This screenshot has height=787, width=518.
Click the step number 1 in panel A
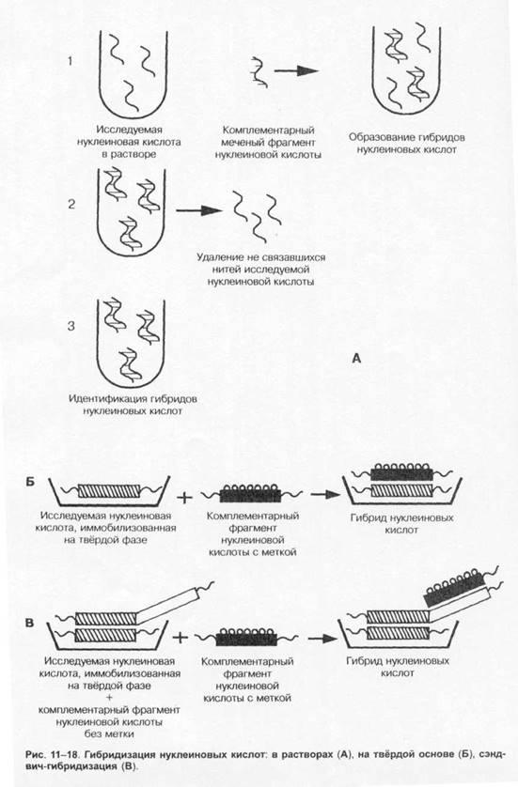71,61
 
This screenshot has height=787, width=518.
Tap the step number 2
71,205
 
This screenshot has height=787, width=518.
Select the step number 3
71,326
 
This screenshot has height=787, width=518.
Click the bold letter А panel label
356,359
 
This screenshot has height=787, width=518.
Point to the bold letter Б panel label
30,483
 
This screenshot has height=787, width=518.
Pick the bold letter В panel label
30,623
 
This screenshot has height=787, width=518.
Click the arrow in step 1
296,70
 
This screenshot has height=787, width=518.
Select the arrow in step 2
199,210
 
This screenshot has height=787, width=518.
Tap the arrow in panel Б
325,494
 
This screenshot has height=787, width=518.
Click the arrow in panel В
322,639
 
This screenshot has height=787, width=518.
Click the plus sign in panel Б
185,498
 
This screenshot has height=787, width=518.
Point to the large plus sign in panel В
180,638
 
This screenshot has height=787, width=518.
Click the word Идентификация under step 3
108,399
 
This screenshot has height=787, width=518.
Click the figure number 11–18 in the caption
63,754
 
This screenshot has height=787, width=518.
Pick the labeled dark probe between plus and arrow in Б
250,493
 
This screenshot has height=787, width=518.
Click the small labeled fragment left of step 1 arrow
259,71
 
